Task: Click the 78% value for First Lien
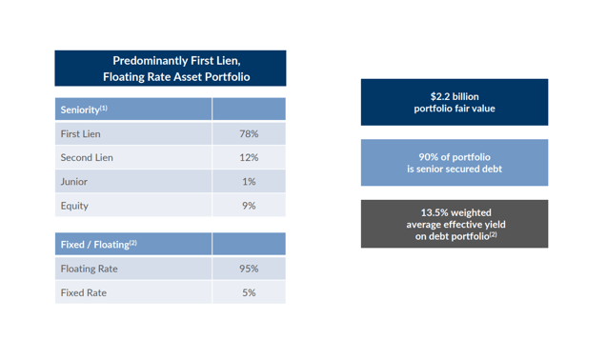[x=249, y=134]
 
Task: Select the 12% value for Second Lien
[x=249, y=158]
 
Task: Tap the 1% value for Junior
[x=249, y=182]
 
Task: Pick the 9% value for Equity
[x=249, y=206]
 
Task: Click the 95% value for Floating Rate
[x=249, y=270]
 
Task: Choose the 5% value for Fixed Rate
[x=249, y=293]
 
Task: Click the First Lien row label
[x=81, y=134]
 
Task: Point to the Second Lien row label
[x=87, y=158]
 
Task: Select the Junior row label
[x=74, y=182]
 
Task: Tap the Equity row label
[x=75, y=206]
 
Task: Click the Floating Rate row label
[x=90, y=270]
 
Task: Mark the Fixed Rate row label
[x=84, y=293]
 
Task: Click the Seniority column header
[x=83, y=110]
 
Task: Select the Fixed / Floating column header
[x=98, y=245]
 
